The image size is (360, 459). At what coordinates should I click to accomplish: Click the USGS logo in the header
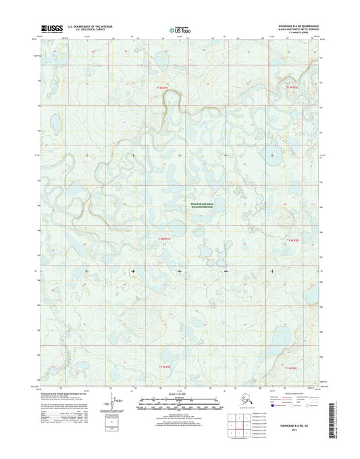(x=52, y=29)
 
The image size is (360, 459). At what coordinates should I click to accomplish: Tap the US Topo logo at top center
(x=180, y=29)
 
